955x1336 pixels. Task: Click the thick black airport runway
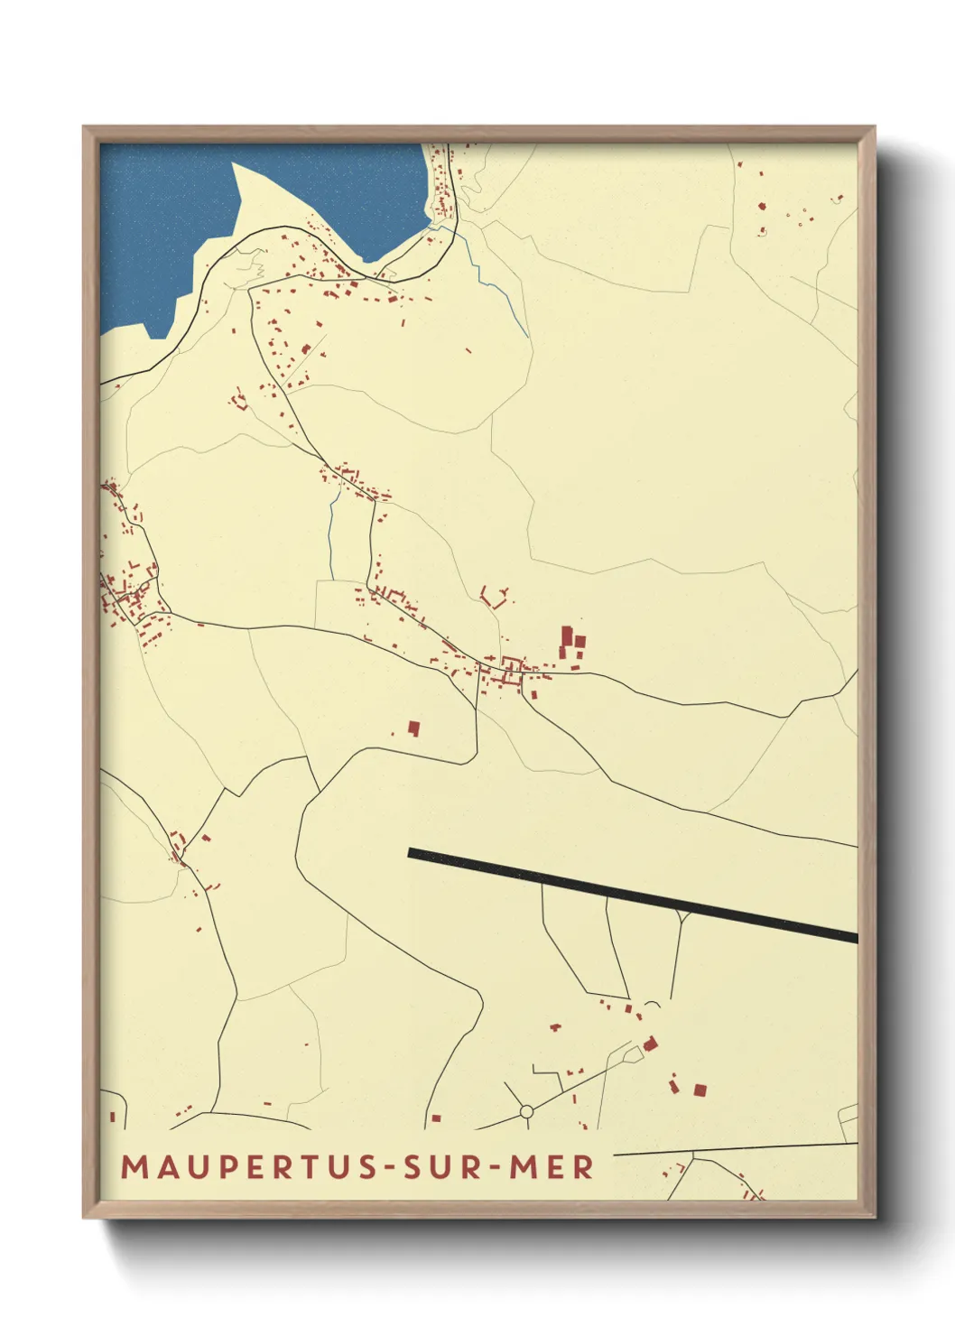coord(632,895)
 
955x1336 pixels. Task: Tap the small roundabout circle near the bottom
coord(526,1111)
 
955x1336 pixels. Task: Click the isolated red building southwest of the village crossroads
coord(414,728)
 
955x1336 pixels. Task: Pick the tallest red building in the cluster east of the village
coord(568,636)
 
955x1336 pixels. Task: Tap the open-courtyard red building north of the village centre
coord(495,597)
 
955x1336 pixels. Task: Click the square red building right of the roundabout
coord(699,1090)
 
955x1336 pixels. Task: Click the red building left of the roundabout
coord(436,1118)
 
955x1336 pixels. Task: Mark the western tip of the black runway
coord(412,852)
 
